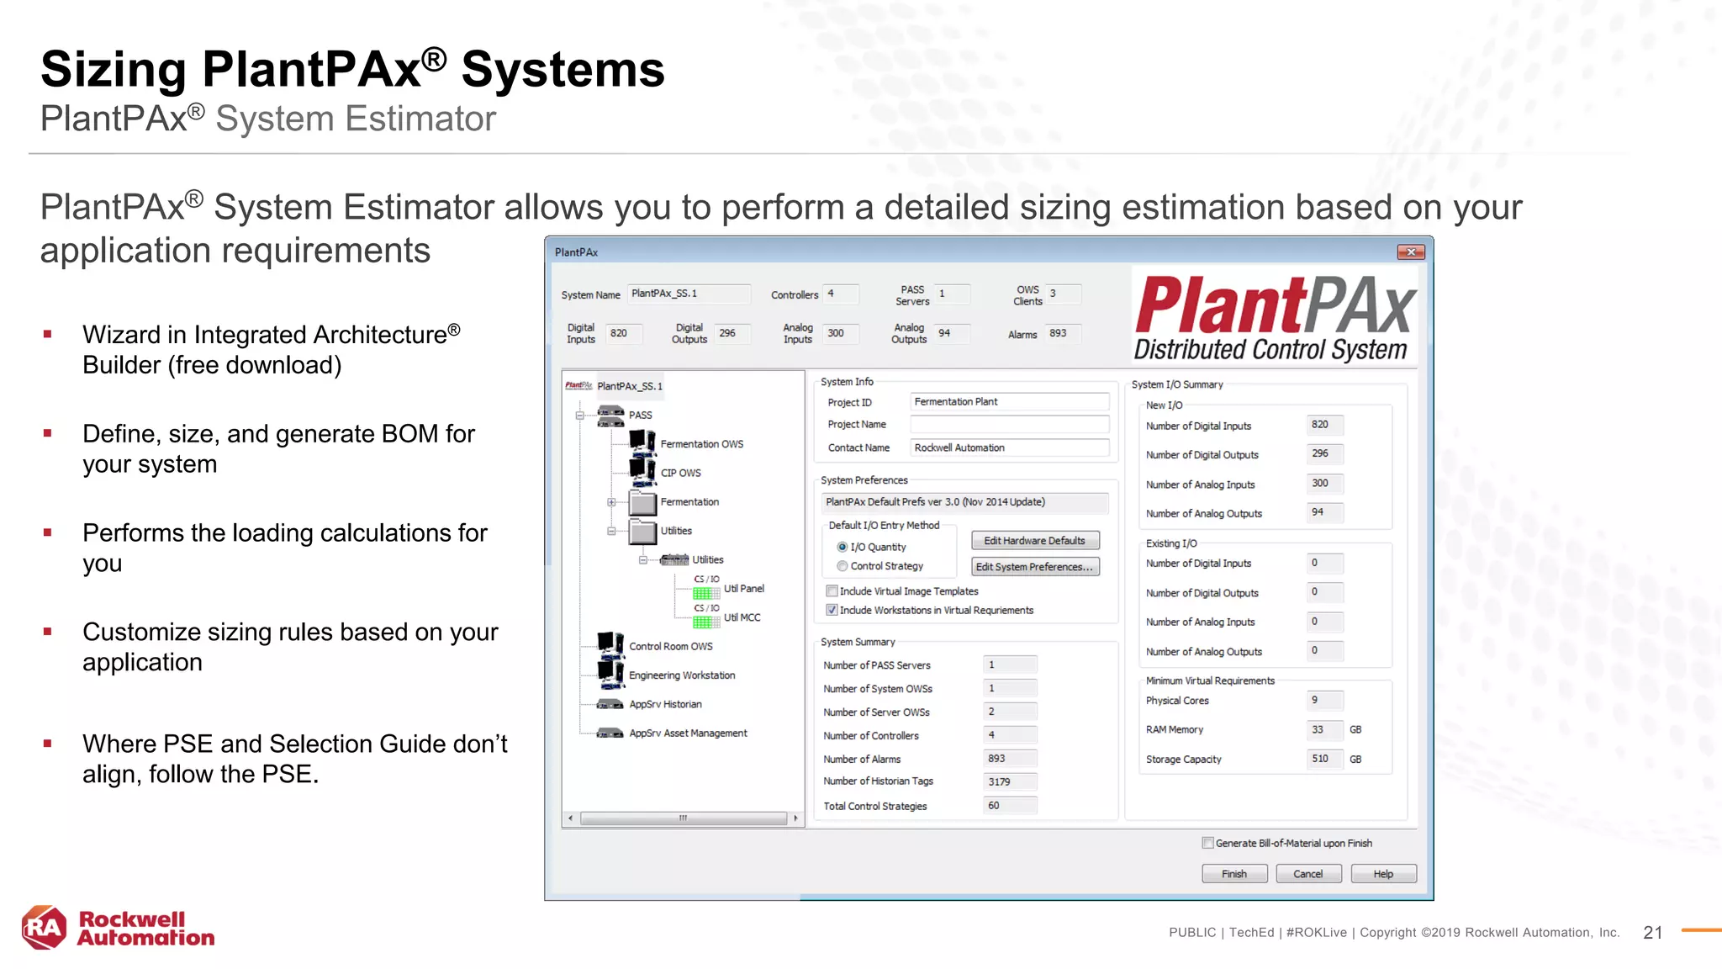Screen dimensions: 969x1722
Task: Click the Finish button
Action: click(1233, 874)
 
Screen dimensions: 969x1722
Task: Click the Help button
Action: click(1382, 874)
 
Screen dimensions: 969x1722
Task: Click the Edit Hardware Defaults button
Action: click(1034, 541)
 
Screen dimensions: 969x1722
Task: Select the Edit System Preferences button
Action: click(1034, 567)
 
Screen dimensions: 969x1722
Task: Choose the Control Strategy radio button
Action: click(843, 566)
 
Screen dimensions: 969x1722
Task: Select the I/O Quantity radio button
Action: click(843, 547)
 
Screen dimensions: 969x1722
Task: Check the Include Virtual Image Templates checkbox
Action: click(832, 591)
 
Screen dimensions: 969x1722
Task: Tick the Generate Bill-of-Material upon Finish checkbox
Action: click(1207, 843)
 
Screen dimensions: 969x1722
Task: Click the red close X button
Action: click(1410, 252)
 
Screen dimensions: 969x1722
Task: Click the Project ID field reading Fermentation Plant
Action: click(1008, 402)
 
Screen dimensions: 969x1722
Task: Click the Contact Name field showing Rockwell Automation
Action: click(1008, 447)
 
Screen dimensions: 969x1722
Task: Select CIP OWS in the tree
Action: click(680, 473)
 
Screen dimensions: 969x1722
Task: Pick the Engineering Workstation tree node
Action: click(681, 675)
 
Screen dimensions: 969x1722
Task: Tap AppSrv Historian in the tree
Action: click(665, 704)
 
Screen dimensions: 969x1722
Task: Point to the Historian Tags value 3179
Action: click(1009, 781)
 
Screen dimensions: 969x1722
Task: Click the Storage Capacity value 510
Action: click(1323, 759)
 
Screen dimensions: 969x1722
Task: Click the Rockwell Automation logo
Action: click(118, 929)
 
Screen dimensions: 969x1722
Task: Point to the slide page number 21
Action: click(1652, 932)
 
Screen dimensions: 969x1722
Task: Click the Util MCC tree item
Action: click(742, 617)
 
